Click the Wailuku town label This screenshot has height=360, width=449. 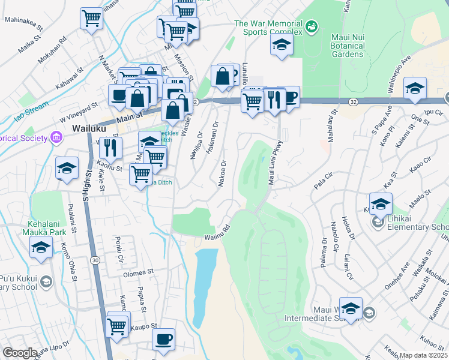point(89,128)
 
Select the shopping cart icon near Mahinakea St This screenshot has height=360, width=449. point(91,18)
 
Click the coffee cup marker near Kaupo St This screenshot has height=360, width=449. point(163,340)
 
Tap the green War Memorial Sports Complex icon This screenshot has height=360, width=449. point(311,26)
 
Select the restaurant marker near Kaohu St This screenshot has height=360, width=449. point(110,147)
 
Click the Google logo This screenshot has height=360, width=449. point(20,353)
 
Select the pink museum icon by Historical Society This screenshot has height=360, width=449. point(56,138)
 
